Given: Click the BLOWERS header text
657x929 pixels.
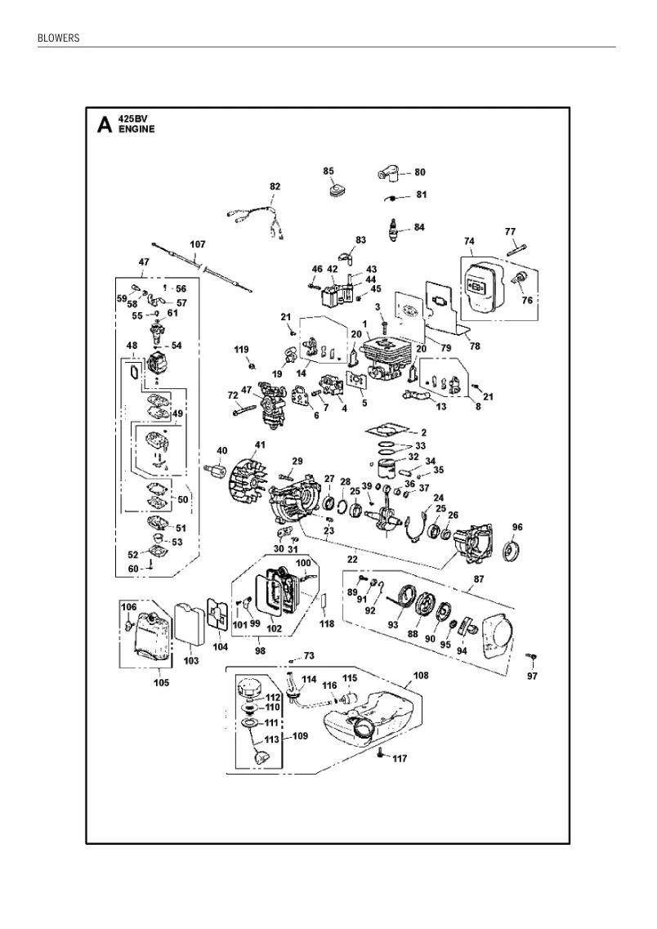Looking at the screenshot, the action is point(58,38).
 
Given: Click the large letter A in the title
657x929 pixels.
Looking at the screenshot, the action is point(105,125).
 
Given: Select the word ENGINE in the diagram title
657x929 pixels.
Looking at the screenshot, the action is point(136,129).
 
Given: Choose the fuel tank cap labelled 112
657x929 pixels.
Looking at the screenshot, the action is point(250,690).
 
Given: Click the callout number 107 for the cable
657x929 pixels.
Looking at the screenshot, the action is point(197,244).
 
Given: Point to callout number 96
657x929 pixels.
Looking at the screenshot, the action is point(517,527).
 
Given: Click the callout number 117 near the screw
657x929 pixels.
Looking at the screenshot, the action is point(400,759).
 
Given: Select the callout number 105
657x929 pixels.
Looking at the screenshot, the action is point(161,682).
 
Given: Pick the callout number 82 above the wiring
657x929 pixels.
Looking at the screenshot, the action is point(275,186).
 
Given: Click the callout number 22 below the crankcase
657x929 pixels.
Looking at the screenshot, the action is point(352,560).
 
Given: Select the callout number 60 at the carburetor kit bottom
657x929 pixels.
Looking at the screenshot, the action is point(133,569).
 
